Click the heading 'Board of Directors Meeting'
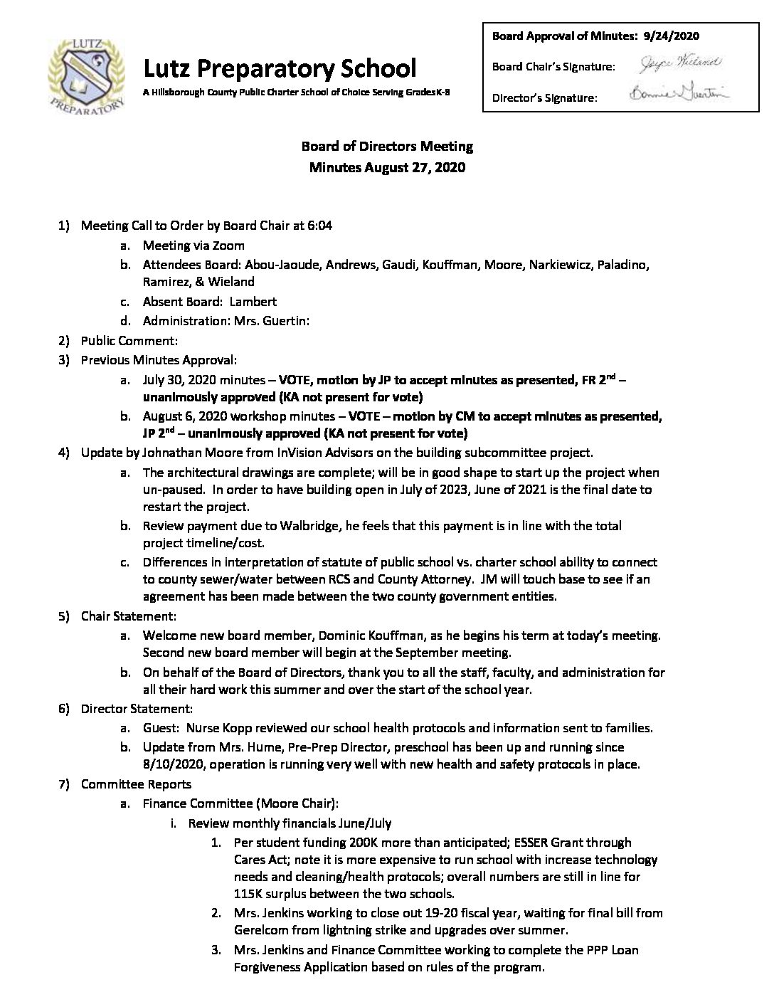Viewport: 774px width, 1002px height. point(387,147)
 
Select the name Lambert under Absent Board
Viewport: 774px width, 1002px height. point(253,301)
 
